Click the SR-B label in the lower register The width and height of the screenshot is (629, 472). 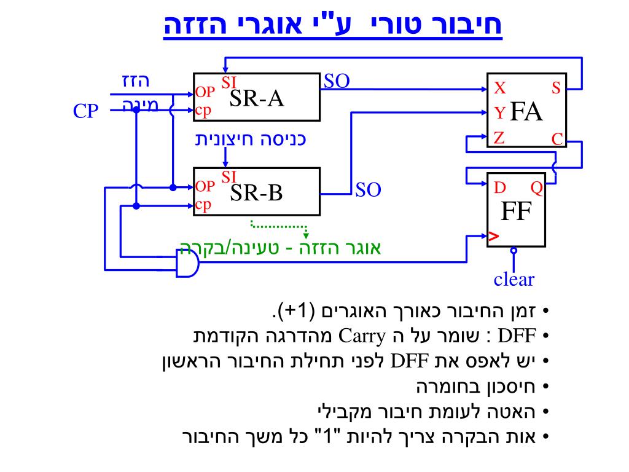256,194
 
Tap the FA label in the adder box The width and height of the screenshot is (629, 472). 527,112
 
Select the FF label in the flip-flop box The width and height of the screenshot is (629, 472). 515,212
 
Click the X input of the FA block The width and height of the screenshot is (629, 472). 500,88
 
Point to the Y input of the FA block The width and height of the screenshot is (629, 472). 499,112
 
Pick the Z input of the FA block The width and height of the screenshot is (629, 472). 499,137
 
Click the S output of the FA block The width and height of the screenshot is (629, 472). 555,88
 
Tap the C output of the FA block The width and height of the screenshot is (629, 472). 557,140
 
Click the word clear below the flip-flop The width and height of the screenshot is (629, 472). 514,280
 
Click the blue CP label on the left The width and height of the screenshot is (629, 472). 87,112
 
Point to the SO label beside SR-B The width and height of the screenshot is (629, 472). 369,190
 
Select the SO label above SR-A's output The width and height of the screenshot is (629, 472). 337,81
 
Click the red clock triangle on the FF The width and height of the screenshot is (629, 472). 493,236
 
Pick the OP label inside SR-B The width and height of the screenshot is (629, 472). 205,186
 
